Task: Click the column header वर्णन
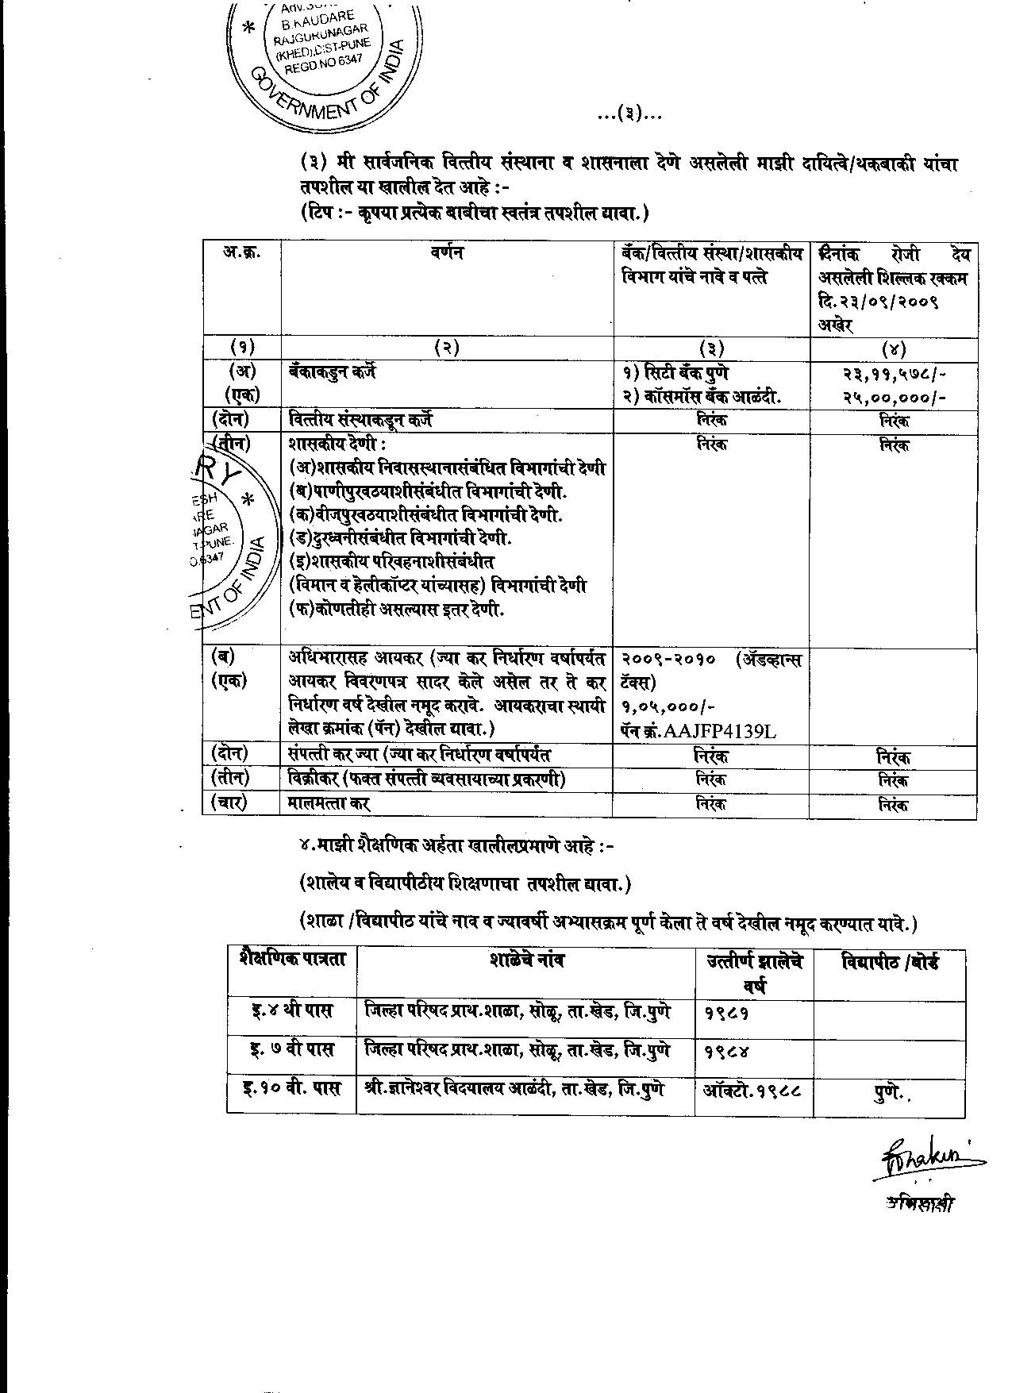pyautogui.click(x=447, y=253)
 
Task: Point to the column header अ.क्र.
pyautogui.click(x=241, y=253)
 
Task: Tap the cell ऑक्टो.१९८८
pyautogui.click(x=752, y=1090)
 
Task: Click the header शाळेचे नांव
pyautogui.click(x=526, y=961)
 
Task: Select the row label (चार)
pyautogui.click(x=229, y=803)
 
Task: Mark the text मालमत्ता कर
pyautogui.click(x=329, y=803)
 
